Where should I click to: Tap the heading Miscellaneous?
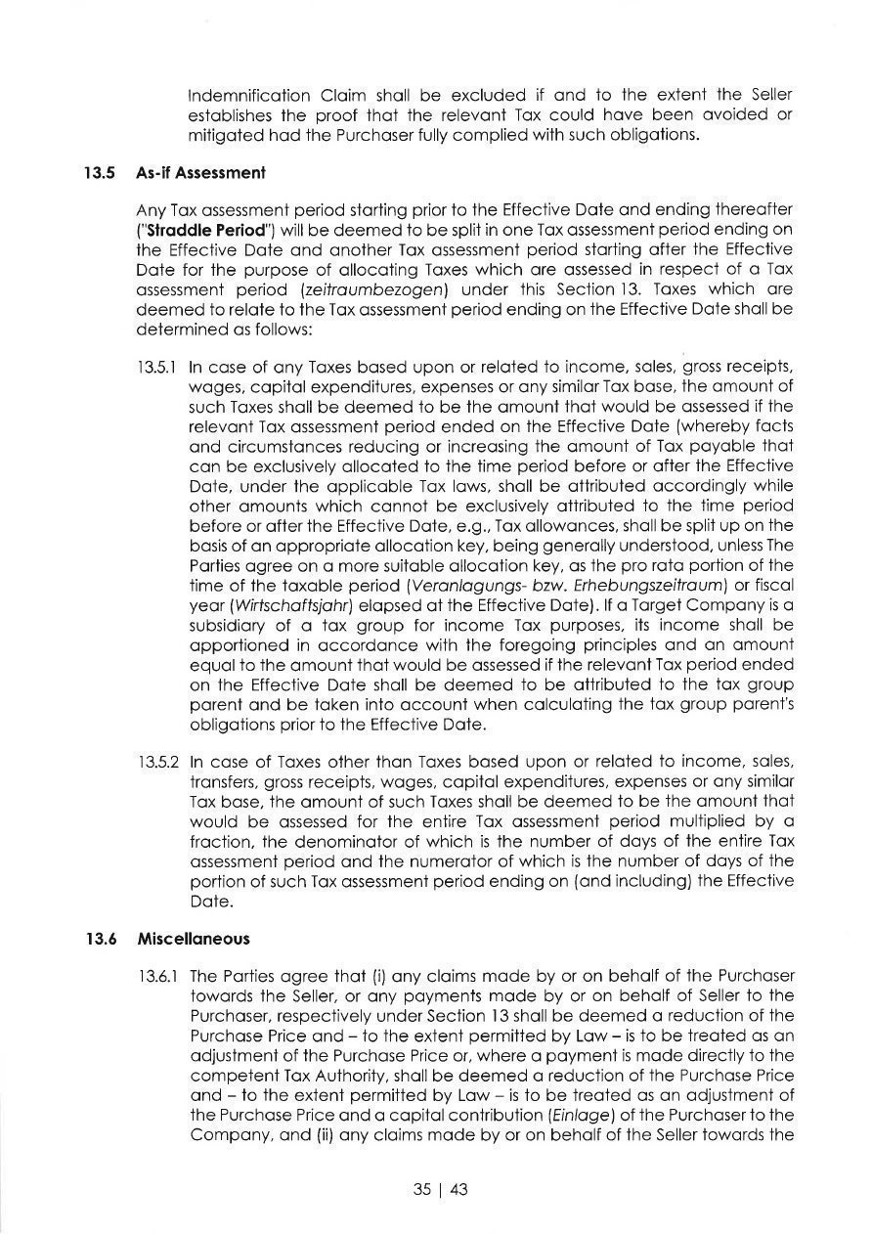pos(194,938)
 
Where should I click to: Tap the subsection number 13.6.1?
pos(157,976)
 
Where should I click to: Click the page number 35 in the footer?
pos(421,1189)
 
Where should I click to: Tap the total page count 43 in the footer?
pos(459,1189)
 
